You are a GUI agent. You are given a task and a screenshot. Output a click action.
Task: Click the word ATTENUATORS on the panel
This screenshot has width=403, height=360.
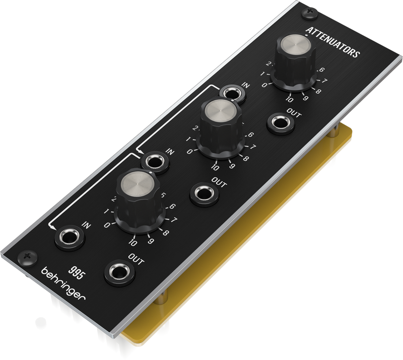pos(332,42)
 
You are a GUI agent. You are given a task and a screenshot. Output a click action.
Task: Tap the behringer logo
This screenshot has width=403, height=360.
pos(63,283)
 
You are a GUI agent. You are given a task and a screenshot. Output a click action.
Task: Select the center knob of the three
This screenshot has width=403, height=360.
pos(221,128)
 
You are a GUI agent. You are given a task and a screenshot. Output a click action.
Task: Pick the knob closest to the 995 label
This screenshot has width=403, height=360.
pos(139,201)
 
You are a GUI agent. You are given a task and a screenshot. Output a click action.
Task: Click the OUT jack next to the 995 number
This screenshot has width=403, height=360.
pos(120,273)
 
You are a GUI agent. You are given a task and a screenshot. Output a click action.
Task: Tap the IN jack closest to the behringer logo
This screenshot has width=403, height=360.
pos(70,238)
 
